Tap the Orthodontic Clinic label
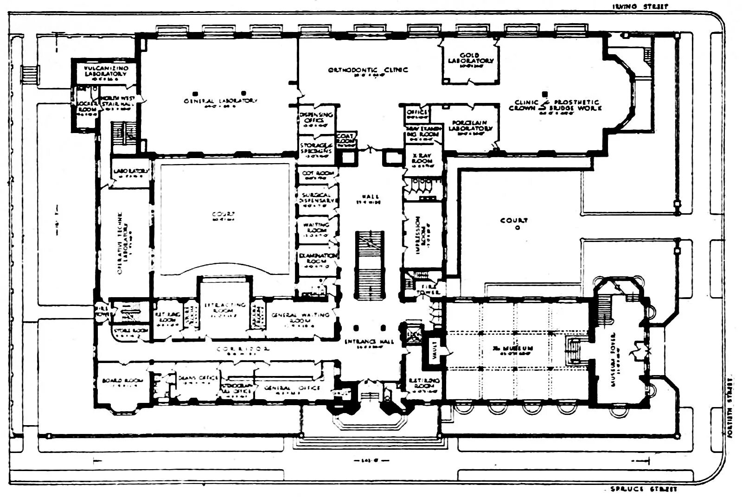[368, 70]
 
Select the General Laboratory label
[220, 101]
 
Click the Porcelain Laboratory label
[471, 126]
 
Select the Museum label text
[513, 348]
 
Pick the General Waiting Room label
[300, 318]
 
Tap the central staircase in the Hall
[370, 265]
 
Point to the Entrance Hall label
[369, 342]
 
